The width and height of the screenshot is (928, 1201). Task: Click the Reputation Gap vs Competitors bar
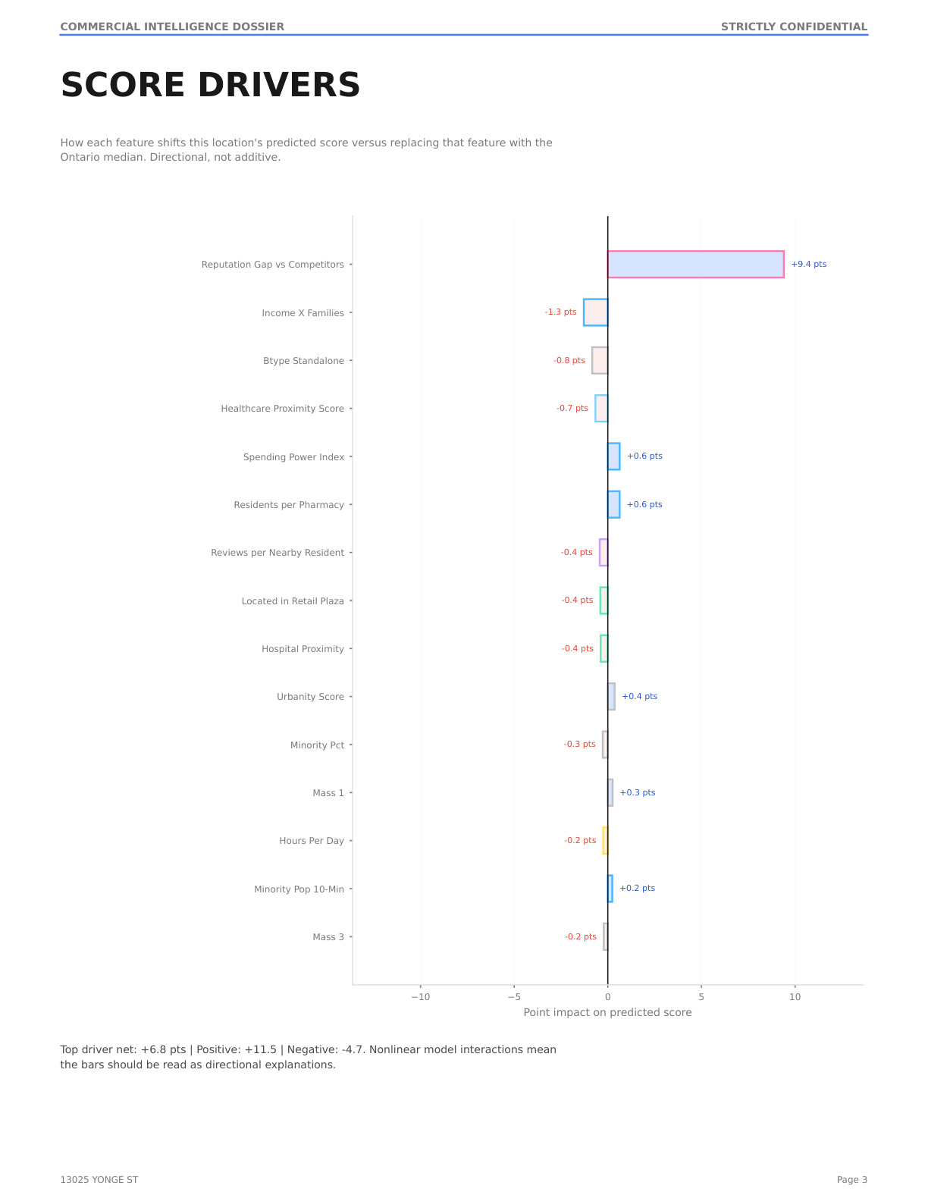695,264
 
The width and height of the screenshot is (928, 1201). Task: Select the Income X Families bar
595,312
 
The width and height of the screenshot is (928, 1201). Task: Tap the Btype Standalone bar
600,360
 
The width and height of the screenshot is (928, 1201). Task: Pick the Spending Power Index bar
613,456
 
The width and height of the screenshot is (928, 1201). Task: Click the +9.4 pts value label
809,264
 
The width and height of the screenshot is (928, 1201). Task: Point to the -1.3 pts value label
560,312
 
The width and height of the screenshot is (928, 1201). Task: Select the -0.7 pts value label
572,408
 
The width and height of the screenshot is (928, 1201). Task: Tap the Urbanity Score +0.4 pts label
639,696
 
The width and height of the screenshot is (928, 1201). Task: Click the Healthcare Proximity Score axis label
283,409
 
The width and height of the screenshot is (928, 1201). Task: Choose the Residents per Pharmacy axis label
289,505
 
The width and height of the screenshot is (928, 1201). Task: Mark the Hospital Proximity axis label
303,649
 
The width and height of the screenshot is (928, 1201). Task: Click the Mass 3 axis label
328,937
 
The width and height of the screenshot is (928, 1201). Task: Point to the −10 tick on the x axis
420,997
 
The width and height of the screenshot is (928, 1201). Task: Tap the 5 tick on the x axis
701,997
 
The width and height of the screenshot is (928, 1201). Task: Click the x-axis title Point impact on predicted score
607,1012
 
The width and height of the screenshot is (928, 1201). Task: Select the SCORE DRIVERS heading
210,85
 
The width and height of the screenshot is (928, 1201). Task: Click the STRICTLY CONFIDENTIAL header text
794,27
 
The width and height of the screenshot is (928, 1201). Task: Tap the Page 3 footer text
851,1180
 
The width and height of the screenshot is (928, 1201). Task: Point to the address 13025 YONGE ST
99,1180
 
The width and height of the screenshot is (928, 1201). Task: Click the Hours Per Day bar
605,841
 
